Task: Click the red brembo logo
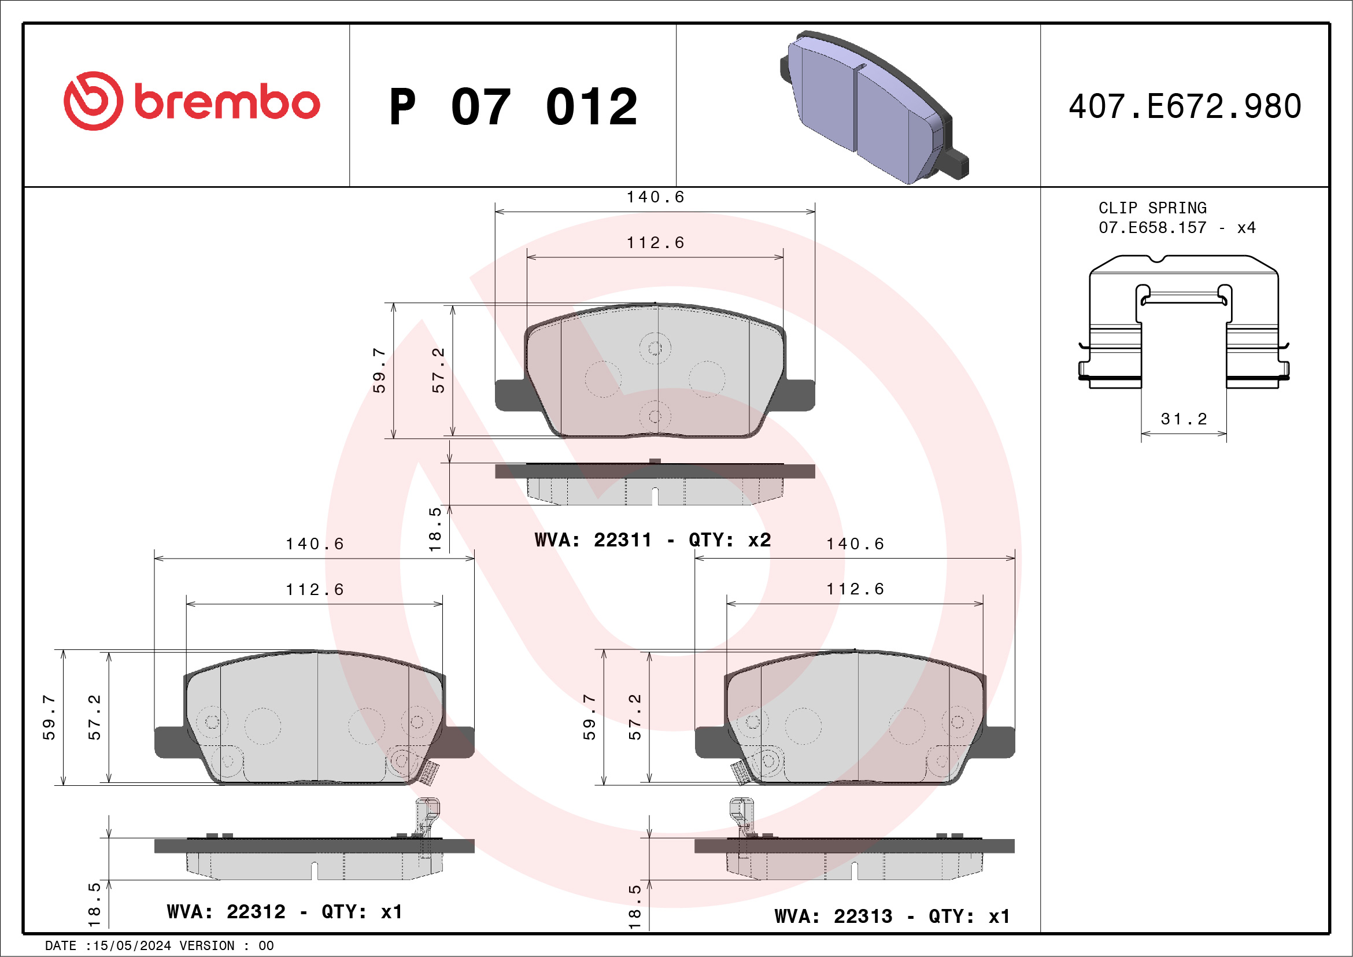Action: pos(191,101)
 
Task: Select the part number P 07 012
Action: pos(513,107)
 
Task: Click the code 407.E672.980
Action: pos(1185,106)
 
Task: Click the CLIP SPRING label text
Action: pos(1152,208)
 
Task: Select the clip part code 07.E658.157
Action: pos(1152,228)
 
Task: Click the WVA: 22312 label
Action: pos(226,912)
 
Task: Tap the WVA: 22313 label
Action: pos(833,917)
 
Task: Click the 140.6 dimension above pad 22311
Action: pos(655,197)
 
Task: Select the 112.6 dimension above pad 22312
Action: pos(315,589)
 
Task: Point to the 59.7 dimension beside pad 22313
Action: pos(589,716)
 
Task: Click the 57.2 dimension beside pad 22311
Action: pos(438,370)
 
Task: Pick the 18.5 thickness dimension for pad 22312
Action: pos(94,904)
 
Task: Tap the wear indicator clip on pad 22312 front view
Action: pos(430,773)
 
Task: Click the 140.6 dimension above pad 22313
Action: pos(855,544)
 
